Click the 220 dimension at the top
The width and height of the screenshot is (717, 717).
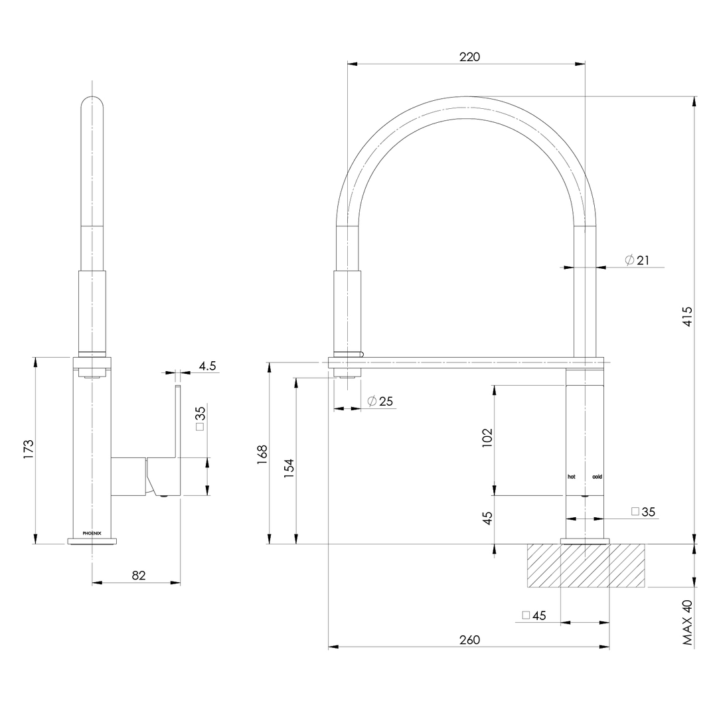[469, 56]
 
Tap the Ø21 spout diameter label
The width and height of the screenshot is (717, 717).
[637, 260]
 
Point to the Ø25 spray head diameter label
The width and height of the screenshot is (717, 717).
[380, 401]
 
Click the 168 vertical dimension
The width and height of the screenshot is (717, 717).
[262, 453]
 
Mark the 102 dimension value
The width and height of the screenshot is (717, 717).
[487, 439]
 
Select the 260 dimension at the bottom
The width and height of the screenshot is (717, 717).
[469, 640]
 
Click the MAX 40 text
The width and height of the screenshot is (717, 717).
[687, 622]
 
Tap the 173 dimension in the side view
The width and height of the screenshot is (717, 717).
[28, 449]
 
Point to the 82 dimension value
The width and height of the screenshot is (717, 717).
[138, 575]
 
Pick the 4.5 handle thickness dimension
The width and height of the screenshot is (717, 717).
[207, 366]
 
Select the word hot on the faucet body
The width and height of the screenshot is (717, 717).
[572, 477]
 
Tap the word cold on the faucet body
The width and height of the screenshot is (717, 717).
[597, 477]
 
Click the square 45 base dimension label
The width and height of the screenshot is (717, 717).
[534, 615]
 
